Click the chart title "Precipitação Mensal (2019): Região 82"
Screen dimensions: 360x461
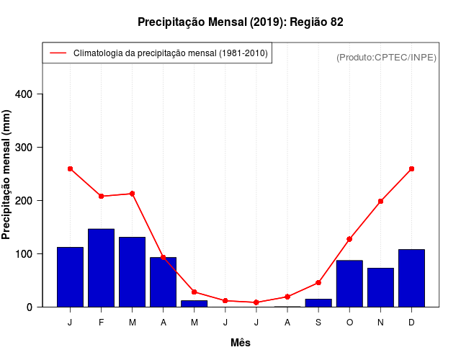pos(241,22)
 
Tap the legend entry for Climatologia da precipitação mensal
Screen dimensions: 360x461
pos(157,53)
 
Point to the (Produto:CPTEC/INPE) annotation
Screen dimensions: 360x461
pos(386,57)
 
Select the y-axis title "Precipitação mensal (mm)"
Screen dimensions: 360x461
pos(7,174)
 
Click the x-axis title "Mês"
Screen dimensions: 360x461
pos(241,343)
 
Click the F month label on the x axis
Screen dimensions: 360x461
pos(102,323)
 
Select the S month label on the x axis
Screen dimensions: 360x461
pos(318,323)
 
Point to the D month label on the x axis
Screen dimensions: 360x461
pos(411,323)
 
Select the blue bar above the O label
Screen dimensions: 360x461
pos(349,284)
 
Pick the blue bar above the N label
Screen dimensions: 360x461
pos(380,287)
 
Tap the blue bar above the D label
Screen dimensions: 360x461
pos(411,278)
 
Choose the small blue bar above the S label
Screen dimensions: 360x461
pos(318,303)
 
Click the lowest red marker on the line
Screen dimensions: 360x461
pos(256,302)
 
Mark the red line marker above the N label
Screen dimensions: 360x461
pos(380,201)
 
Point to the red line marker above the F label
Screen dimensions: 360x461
pos(102,196)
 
